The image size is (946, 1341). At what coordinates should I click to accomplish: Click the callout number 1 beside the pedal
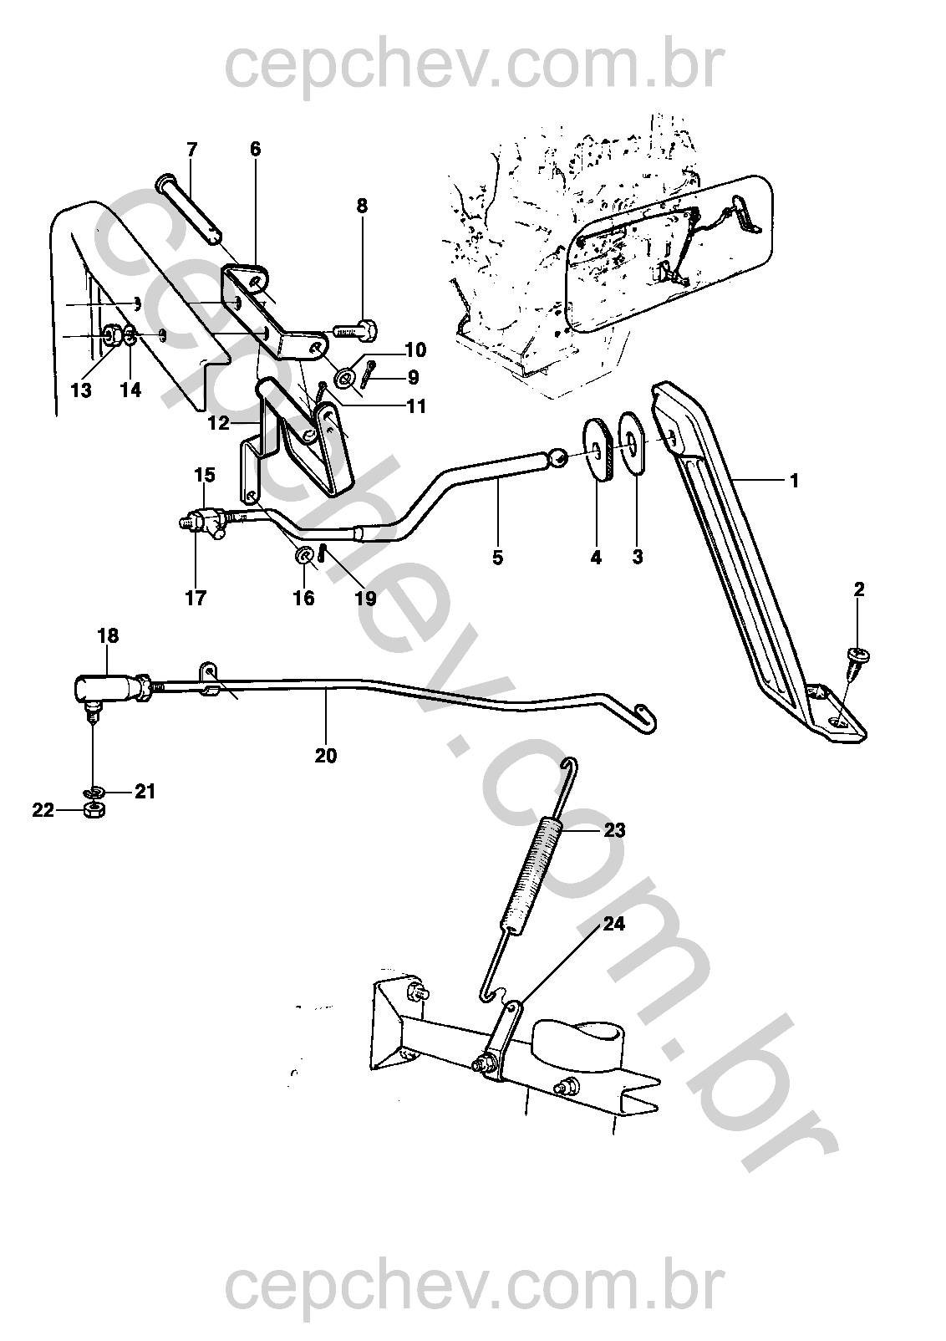tap(794, 481)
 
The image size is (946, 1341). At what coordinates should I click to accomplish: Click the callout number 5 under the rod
tap(498, 556)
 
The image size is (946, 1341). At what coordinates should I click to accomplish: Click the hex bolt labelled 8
tap(356, 326)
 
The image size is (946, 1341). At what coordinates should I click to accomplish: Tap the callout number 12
tap(218, 423)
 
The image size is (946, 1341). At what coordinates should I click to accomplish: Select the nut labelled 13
tap(109, 336)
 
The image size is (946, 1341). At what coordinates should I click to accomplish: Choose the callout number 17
tap(196, 598)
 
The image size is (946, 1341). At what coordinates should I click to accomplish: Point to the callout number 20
tap(326, 756)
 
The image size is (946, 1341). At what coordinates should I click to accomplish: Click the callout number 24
tap(614, 925)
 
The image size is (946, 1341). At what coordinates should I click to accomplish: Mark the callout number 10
tap(415, 349)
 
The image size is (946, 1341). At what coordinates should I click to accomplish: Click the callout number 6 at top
tap(255, 149)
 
